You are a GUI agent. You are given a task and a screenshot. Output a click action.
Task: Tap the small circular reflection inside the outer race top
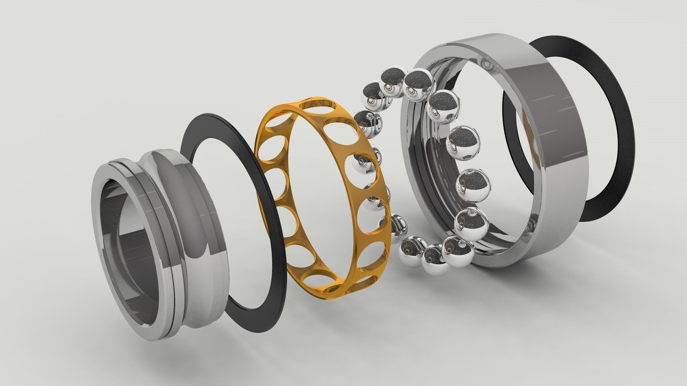486,64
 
